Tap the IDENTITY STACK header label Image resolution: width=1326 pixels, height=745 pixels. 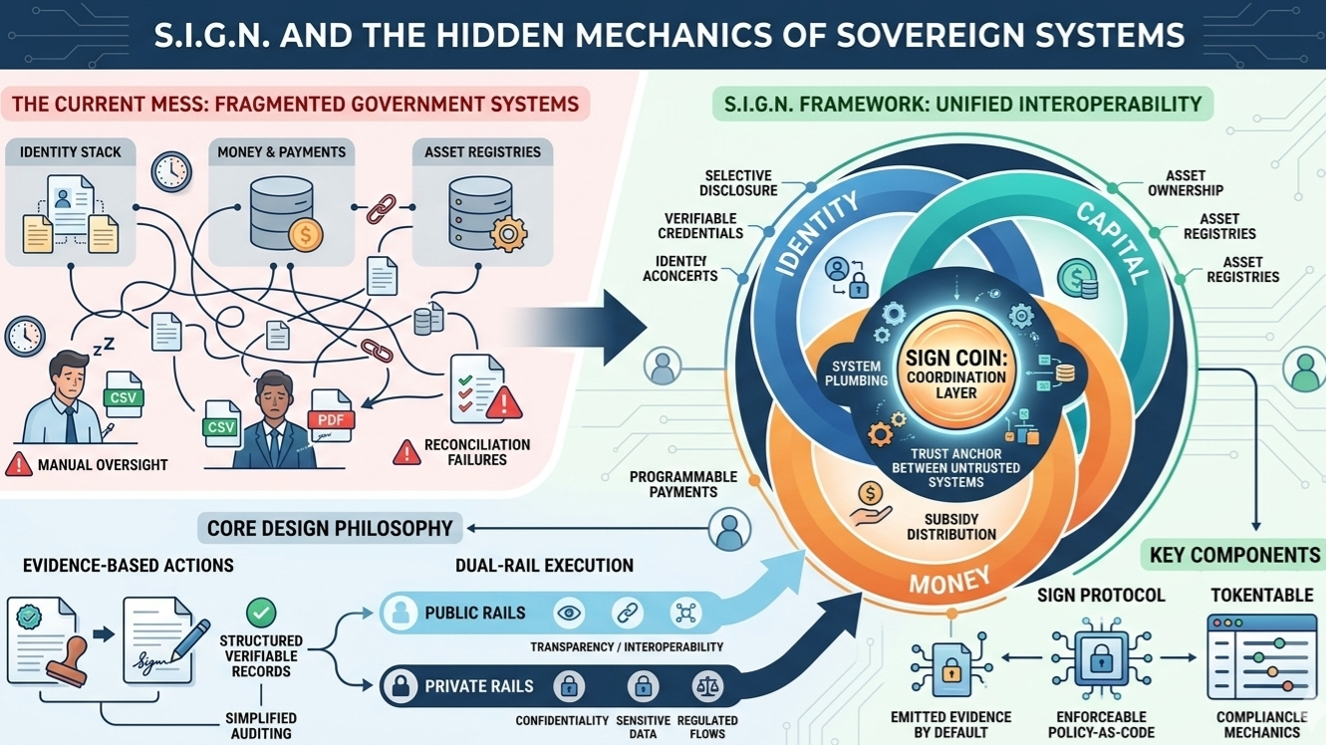(70, 152)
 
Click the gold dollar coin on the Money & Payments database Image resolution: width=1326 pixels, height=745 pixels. (305, 235)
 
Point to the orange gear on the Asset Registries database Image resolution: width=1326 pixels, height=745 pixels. (508, 233)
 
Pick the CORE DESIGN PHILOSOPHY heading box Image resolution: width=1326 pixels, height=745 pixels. (330, 528)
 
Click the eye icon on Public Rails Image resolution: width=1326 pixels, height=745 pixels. (569, 613)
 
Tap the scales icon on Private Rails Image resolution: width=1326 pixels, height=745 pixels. (706, 685)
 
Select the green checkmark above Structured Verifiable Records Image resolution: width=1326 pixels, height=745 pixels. (261, 612)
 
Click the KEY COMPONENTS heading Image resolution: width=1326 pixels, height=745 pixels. (1234, 555)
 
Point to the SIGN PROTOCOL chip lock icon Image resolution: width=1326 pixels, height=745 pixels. (1101, 657)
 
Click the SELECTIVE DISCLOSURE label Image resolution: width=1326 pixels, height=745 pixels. (738, 183)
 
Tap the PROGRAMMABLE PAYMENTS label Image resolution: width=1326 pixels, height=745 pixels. (682, 484)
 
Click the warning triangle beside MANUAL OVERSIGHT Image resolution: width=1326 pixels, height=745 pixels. (19, 464)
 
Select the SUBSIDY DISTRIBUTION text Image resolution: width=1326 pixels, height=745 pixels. (951, 527)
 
